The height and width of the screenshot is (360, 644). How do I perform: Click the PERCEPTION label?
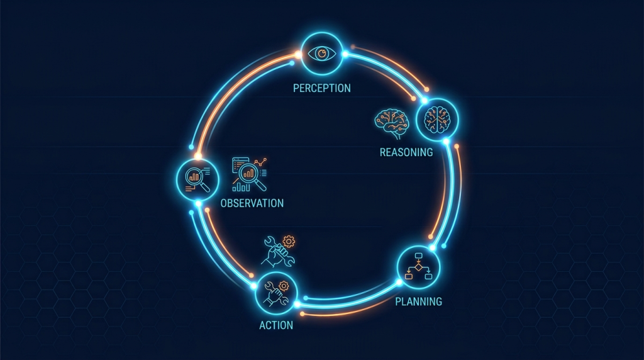point(321,88)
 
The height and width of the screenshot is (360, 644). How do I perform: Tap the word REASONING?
point(406,152)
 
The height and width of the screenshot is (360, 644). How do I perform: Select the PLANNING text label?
point(418,301)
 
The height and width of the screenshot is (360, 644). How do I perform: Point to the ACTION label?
point(276,325)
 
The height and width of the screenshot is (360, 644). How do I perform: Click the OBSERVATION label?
point(252,203)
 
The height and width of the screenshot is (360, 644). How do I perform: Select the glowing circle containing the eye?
point(322,54)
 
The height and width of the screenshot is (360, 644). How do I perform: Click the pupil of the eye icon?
point(322,53)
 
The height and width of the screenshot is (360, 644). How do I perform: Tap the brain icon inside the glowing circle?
point(437,120)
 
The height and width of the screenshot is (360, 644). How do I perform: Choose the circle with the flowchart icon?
point(418,267)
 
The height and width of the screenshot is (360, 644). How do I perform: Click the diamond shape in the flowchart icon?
point(418,267)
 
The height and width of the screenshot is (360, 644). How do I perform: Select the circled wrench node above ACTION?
point(276,293)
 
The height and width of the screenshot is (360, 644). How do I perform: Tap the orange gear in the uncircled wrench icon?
point(289,241)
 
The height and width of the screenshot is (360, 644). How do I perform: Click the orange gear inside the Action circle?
point(284,286)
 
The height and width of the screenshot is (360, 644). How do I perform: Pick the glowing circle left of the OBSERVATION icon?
point(197,179)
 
